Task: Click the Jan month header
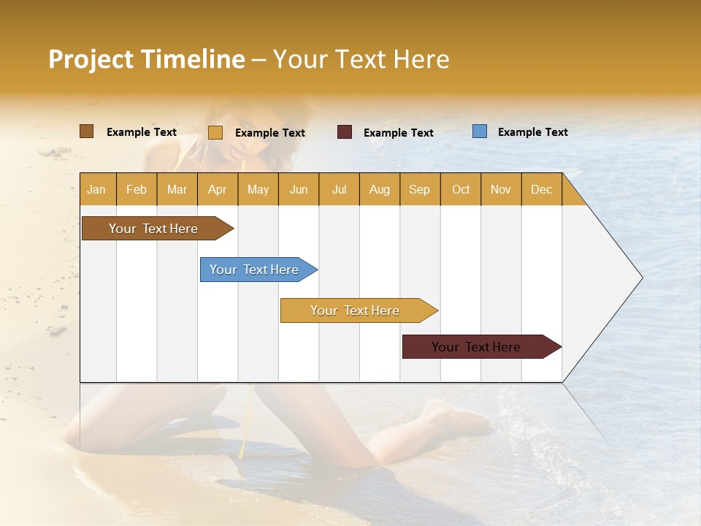coord(97,189)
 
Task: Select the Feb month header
coord(137,189)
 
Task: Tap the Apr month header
coord(217,189)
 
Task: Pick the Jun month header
coord(299,189)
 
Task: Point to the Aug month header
coord(379,189)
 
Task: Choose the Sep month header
coord(420,189)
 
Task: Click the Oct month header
coord(461,189)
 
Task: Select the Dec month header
coord(541,189)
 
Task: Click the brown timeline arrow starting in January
coord(154,229)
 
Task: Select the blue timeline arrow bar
coord(255,270)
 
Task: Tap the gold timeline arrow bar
coord(356,310)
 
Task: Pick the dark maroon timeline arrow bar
coord(477,347)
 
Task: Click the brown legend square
coord(86,131)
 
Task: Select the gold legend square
coord(215,132)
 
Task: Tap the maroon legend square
coord(345,132)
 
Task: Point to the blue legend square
coord(480,131)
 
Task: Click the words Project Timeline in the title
coord(147,59)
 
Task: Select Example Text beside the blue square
coord(532,132)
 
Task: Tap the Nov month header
coord(501,189)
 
